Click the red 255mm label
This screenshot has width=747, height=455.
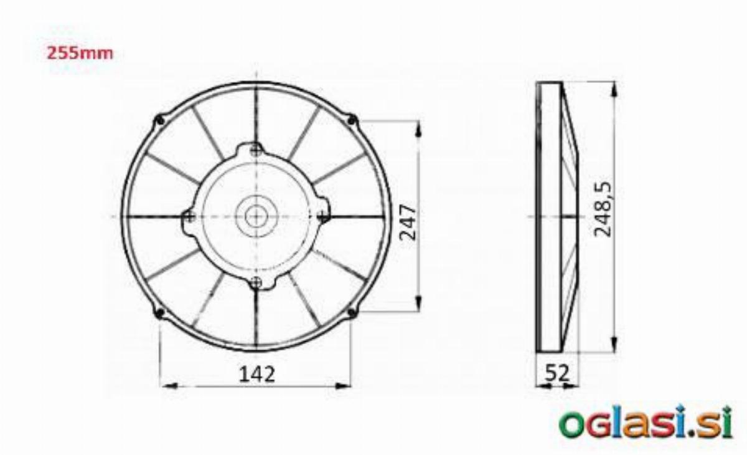click(80, 54)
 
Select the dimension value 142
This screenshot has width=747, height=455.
click(257, 374)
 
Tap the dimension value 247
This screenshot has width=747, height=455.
click(408, 223)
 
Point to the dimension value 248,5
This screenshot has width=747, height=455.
click(603, 209)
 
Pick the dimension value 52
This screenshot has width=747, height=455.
click(557, 373)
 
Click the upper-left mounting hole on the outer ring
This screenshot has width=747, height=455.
click(161, 120)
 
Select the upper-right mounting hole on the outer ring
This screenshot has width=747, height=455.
click(351, 120)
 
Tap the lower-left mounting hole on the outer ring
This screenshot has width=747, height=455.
click(160, 313)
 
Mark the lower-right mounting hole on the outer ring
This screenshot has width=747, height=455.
click(352, 312)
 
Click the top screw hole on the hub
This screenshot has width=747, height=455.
click(256, 151)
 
